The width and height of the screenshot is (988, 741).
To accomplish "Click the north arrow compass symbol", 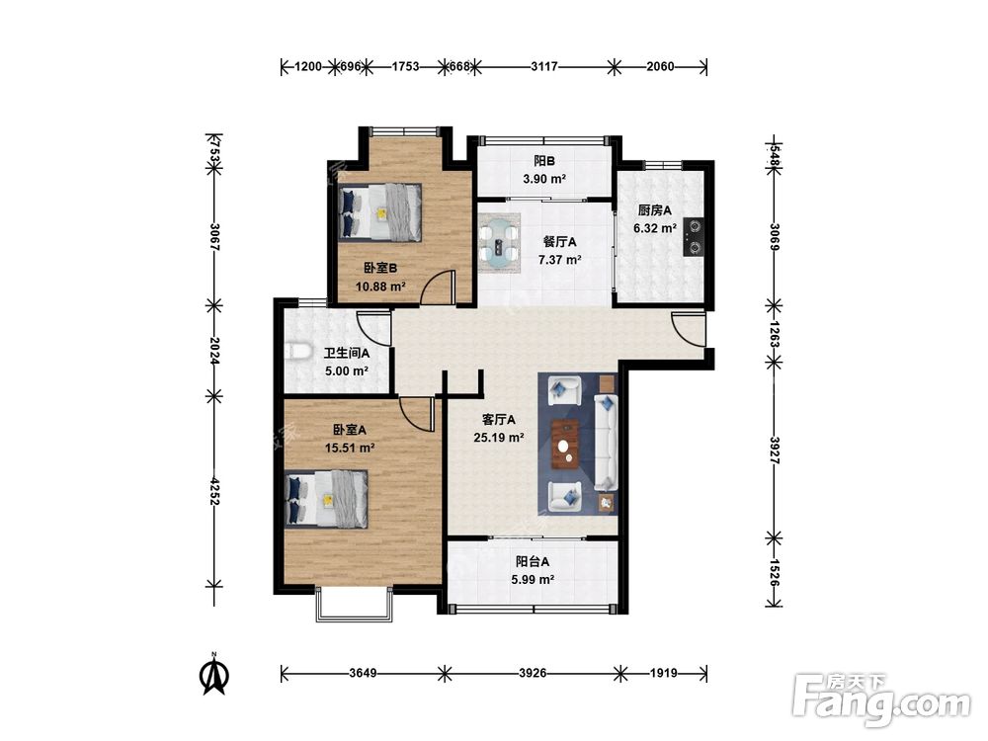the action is [x=214, y=674].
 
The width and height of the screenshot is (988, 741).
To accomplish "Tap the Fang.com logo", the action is [x=881, y=700].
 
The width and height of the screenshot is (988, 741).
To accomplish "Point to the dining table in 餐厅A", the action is [x=499, y=243].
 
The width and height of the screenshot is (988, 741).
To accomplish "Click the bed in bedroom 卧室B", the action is [x=380, y=212].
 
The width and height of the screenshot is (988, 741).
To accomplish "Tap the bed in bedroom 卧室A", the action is [x=326, y=499].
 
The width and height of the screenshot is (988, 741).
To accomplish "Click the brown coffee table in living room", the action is [x=566, y=445].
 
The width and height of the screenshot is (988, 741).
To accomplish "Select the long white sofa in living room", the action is [x=607, y=443].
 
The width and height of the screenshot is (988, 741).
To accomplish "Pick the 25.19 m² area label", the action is [x=499, y=438].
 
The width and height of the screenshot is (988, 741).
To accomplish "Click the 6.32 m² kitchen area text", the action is [x=655, y=228].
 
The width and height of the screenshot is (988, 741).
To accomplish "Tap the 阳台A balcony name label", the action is [x=533, y=561].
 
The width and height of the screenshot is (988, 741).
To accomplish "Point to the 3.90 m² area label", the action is [x=544, y=179].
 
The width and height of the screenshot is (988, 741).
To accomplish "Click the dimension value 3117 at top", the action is [x=543, y=65].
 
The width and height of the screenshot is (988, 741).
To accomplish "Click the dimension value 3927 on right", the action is [x=775, y=452].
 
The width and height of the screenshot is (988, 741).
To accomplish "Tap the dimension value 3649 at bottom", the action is [x=363, y=673].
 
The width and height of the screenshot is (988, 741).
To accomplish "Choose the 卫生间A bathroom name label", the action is [x=347, y=354].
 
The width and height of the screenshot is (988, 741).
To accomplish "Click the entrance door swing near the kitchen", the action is [x=688, y=329].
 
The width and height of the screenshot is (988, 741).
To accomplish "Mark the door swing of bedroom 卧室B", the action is [x=438, y=287].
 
